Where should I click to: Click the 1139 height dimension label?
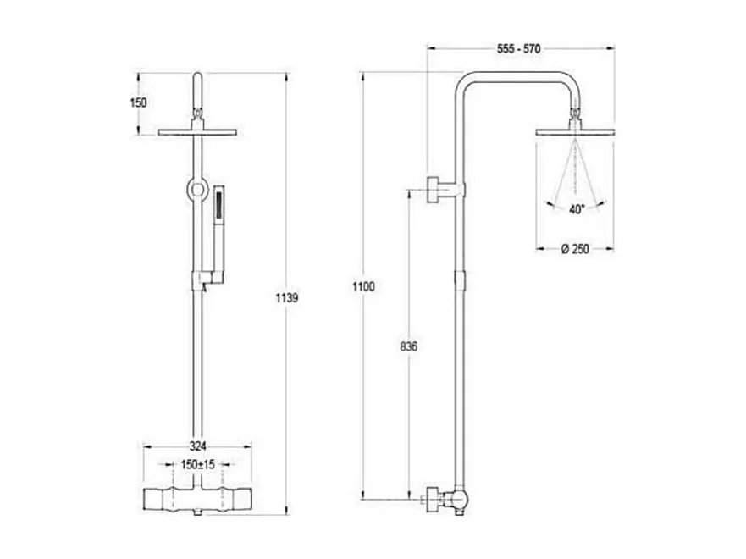click(289, 297)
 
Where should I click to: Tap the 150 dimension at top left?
click(138, 102)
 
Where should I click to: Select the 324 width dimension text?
click(197, 446)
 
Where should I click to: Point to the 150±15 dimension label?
click(197, 465)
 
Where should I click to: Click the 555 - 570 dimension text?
click(517, 49)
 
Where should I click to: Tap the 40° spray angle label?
click(577, 211)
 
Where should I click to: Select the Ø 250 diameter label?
click(575, 248)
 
